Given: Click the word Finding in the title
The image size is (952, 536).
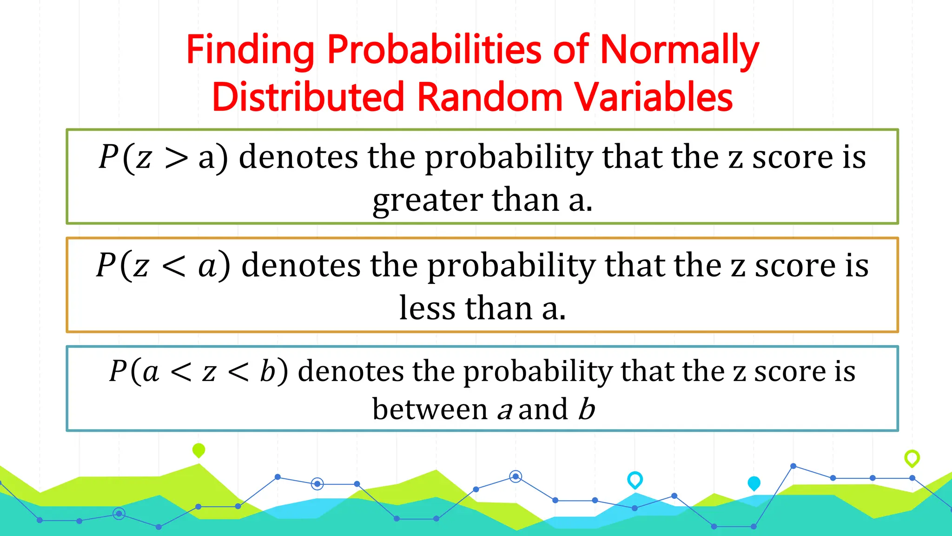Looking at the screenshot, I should pyautogui.click(x=250, y=50).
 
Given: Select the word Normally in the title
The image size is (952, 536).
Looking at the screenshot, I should pyautogui.click(x=679, y=50).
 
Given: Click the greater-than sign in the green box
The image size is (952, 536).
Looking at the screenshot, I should pyautogui.click(x=177, y=158).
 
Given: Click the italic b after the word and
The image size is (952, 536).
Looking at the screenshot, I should pyautogui.click(x=587, y=409).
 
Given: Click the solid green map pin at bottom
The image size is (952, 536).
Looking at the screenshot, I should pyautogui.click(x=198, y=450).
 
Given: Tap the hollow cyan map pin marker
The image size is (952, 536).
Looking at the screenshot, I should pyautogui.click(x=635, y=479).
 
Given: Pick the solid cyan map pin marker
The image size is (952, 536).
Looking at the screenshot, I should pyautogui.click(x=754, y=483).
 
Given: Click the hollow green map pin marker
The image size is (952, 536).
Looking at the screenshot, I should pyautogui.click(x=912, y=458).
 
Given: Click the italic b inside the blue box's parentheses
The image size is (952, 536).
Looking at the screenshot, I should pyautogui.click(x=268, y=372).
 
